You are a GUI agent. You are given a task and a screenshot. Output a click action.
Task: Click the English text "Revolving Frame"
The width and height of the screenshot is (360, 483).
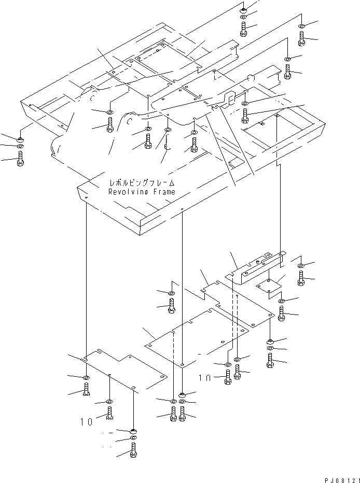(141, 192)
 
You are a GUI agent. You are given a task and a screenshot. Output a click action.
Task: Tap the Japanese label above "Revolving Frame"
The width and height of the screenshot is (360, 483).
(141, 183)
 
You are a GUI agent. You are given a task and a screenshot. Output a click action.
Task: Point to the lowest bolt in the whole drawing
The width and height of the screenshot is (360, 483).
(134, 452)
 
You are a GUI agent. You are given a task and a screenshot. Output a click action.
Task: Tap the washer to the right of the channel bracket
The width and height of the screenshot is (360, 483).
(301, 266)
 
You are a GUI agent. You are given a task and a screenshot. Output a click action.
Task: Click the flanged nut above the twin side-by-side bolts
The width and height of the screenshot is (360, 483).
(182, 394)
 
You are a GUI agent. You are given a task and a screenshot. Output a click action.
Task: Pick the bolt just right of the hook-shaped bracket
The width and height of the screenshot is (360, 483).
(245, 113)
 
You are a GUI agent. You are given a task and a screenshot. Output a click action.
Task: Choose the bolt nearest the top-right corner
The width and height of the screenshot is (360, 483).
(302, 37)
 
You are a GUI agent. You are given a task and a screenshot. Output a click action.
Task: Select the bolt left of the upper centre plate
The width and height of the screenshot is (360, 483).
(172, 306)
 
